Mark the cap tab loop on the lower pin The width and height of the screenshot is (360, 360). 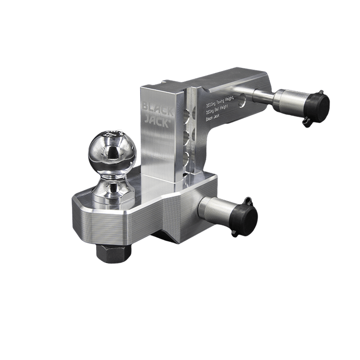click(x=247, y=200)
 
